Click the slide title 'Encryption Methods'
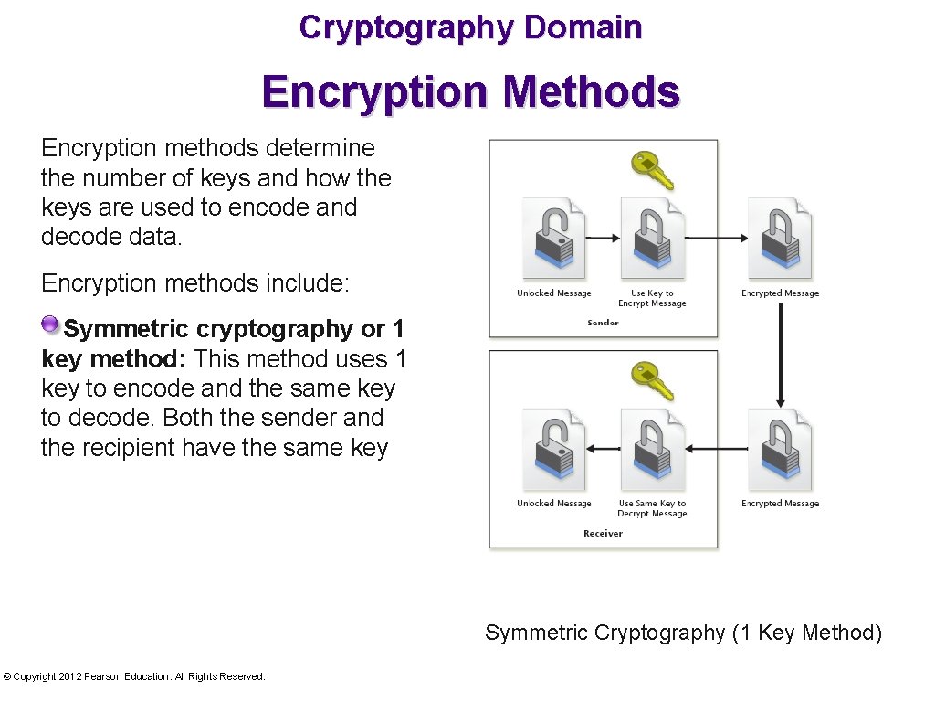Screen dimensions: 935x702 coord(470,92)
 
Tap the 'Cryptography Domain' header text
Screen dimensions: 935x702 coord(470,27)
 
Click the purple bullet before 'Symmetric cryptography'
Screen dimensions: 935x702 coord(50,325)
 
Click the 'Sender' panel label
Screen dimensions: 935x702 coord(603,323)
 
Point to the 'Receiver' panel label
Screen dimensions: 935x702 coord(603,533)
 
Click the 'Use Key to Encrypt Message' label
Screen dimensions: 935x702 coord(652,298)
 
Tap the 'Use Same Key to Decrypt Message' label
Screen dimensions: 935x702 coord(652,508)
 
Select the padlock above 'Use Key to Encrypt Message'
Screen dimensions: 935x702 coord(652,239)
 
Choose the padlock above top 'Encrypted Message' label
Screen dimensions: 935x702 coord(779,239)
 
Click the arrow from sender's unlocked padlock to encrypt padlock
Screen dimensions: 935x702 coord(603,239)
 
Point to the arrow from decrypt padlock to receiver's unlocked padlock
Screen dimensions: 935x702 coord(603,449)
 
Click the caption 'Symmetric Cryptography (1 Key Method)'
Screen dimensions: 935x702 coord(683,633)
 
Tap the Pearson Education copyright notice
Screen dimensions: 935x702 coord(134,676)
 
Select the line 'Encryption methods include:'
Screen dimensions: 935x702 coord(195,282)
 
